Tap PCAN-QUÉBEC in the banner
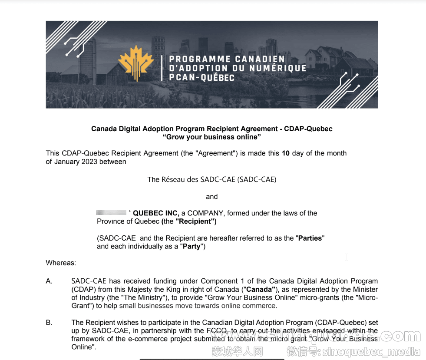[x=202, y=78]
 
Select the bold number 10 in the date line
[x=286, y=153]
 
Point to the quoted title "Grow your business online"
[x=211, y=137]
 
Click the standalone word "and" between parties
[x=211, y=197]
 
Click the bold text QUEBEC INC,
[x=156, y=213]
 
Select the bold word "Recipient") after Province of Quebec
[x=196, y=221]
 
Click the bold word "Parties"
[x=311, y=238]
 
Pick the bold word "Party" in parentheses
[x=192, y=247]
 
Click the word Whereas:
[x=61, y=263]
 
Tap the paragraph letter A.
[x=49, y=281]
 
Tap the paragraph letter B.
[x=49, y=323]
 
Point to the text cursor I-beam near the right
[x=347, y=257]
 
